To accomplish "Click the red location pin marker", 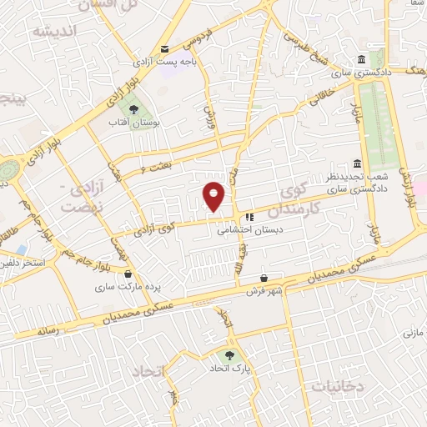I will click(214, 197).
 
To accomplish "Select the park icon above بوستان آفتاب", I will click(130, 108).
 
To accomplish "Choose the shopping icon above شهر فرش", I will click(264, 278).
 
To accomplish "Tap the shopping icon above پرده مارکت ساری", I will click(128, 273).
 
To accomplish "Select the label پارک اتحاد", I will click(230, 368).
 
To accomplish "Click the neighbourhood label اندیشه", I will click(55, 31).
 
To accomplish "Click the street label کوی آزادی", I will click(154, 227).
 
